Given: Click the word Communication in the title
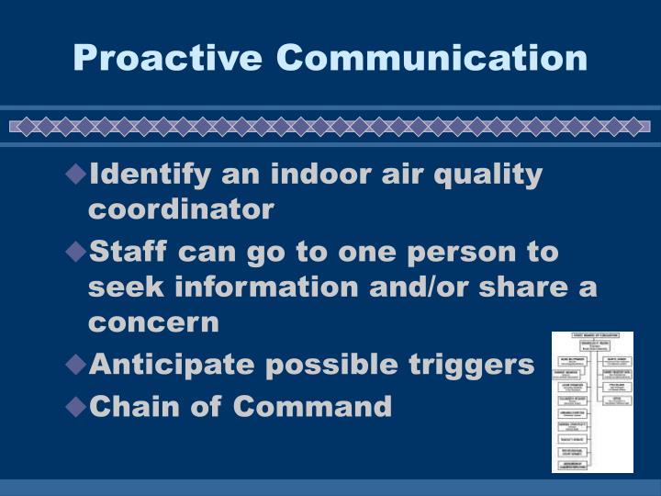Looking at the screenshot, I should (432, 57).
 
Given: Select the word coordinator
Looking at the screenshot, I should (181, 209).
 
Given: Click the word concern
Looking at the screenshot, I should (153, 322).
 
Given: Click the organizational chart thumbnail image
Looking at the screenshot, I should (592, 401).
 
